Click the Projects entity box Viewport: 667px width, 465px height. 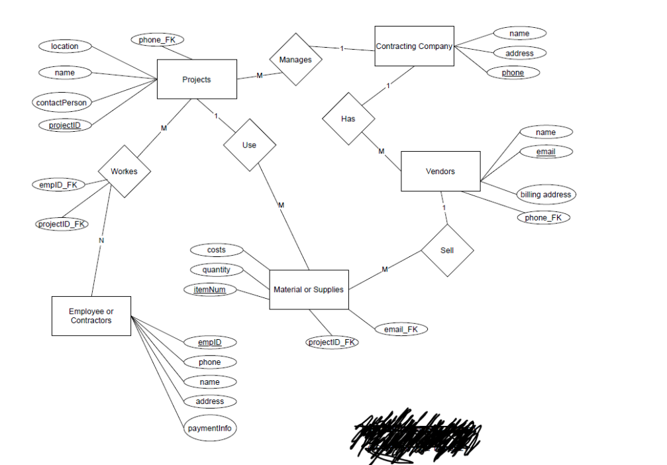196,79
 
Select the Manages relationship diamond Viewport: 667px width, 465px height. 295,60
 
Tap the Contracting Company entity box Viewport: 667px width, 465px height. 414,46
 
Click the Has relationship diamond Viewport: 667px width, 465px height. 348,119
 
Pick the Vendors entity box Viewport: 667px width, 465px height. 440,172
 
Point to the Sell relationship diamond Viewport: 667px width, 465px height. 447,251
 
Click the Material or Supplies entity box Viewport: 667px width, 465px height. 309,289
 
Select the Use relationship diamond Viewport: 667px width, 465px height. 249,145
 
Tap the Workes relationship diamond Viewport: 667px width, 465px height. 124,171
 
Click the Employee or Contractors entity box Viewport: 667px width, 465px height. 91,316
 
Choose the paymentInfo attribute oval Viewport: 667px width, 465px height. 209,428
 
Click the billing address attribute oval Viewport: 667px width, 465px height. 545,195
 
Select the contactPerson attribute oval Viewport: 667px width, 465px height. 61,103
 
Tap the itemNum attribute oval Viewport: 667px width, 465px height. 209,289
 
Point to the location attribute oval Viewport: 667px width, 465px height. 64,46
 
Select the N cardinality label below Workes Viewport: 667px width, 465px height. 101,240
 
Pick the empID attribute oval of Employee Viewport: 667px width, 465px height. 209,342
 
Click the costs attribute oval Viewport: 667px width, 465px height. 216,250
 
